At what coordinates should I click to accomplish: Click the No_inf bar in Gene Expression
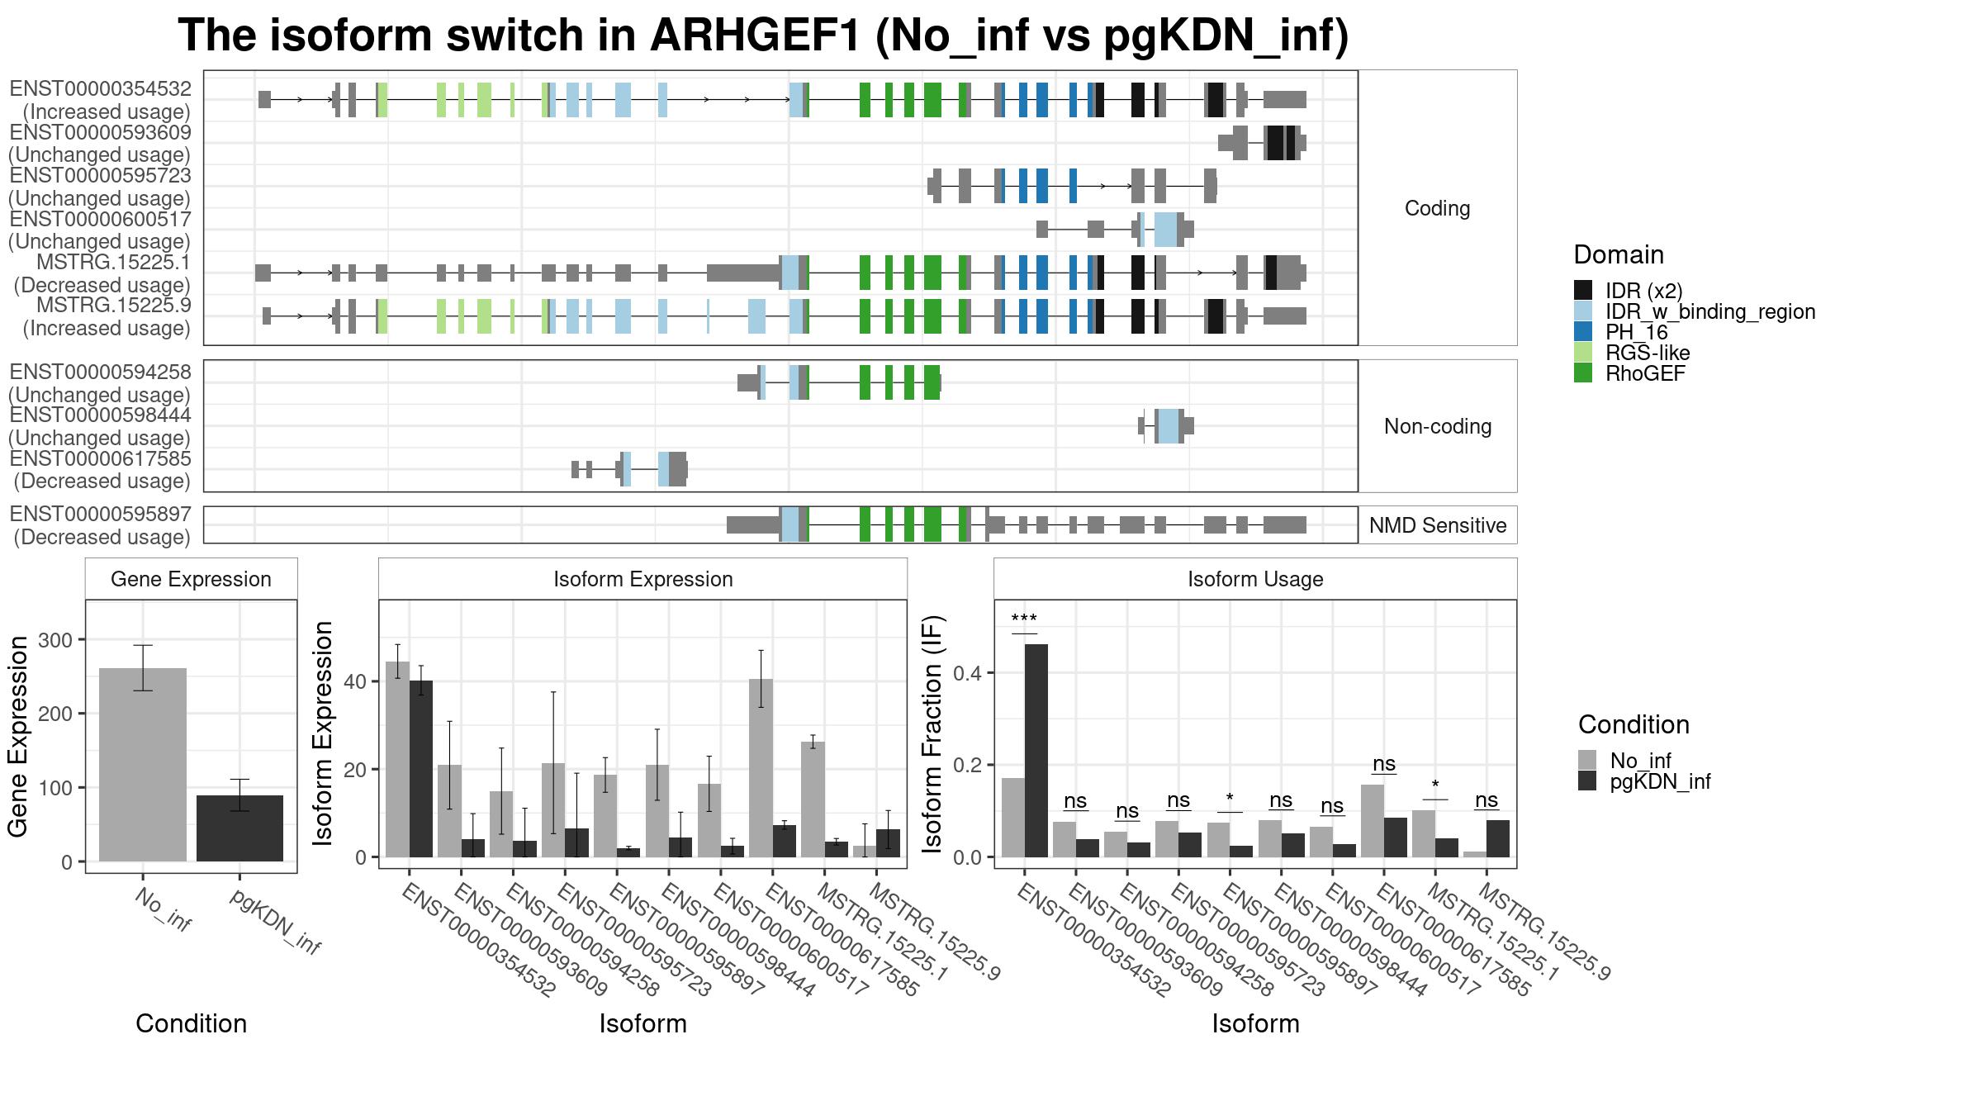point(143,765)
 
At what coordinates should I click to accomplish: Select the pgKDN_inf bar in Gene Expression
point(239,828)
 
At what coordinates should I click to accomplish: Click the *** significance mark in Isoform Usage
point(1024,619)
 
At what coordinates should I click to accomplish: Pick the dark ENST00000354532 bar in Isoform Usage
point(1036,751)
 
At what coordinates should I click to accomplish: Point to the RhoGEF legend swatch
point(1583,373)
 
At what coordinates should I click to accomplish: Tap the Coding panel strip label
point(1437,208)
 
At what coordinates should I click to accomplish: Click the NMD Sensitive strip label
point(1438,525)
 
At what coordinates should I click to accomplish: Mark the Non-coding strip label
point(1438,426)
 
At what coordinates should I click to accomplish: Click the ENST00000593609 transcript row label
point(100,144)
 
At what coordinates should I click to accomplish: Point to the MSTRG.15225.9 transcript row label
point(107,317)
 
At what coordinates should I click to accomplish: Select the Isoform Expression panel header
point(643,579)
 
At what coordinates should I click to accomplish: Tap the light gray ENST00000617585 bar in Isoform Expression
point(761,768)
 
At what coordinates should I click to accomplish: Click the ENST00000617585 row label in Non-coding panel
point(100,470)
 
